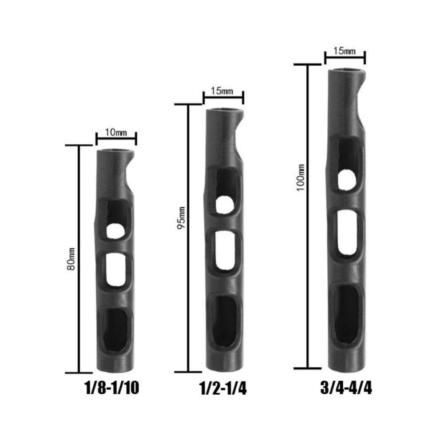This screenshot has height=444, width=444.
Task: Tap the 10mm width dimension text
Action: [x=116, y=132]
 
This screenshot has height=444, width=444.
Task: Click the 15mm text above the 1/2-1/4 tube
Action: [x=222, y=91]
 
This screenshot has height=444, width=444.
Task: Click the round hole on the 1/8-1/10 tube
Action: [x=115, y=230]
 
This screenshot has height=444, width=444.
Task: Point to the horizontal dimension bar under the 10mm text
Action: [x=116, y=139]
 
